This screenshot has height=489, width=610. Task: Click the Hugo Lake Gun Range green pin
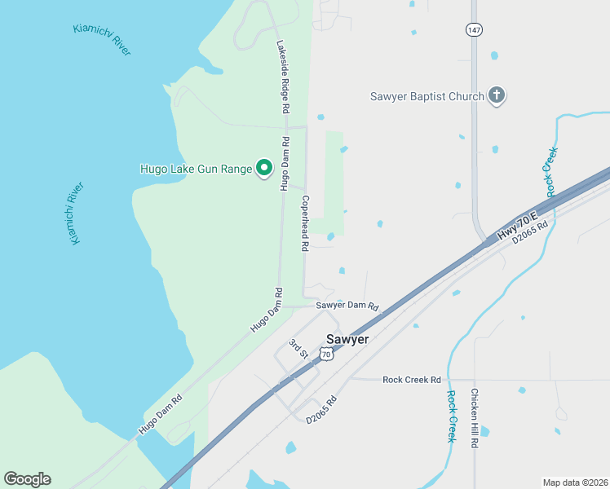point(264,168)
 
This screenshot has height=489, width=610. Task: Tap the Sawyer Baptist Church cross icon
point(496,96)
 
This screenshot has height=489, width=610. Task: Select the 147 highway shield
point(474,29)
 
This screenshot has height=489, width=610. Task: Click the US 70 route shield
point(326,354)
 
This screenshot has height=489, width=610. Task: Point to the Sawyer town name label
point(347,338)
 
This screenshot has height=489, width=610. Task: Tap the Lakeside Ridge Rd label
point(283,77)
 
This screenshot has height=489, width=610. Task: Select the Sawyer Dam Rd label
point(347,306)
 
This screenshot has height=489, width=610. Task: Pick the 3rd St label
point(298,350)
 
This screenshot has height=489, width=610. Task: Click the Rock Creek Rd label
point(411,380)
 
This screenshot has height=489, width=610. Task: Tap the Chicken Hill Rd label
point(474,418)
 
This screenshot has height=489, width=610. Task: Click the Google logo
point(27,479)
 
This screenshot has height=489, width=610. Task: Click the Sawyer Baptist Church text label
point(427,96)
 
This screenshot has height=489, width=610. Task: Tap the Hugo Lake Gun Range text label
point(196,169)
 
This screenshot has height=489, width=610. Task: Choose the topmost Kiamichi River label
point(102,39)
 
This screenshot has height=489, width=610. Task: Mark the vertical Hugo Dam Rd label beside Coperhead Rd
point(285,163)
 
